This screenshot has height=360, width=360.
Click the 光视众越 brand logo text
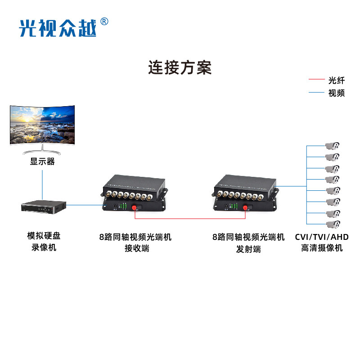point(57,28)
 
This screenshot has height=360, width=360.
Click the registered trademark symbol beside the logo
point(104,21)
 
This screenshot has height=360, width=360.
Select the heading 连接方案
point(180,68)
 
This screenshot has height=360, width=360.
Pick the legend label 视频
point(337,93)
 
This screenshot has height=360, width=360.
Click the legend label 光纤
point(337,81)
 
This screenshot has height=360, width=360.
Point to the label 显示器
point(42,162)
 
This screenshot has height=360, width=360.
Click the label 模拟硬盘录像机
point(42,242)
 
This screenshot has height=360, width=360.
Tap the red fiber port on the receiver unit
point(134,207)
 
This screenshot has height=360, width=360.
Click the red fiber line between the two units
point(189,219)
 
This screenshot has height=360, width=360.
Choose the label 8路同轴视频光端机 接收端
point(135,243)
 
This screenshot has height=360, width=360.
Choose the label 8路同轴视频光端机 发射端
point(248,243)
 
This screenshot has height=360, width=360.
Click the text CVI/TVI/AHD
point(321,237)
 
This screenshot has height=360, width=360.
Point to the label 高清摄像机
point(321,248)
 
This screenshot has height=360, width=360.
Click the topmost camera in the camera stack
point(333,146)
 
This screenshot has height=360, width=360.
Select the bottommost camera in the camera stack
point(333,224)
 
